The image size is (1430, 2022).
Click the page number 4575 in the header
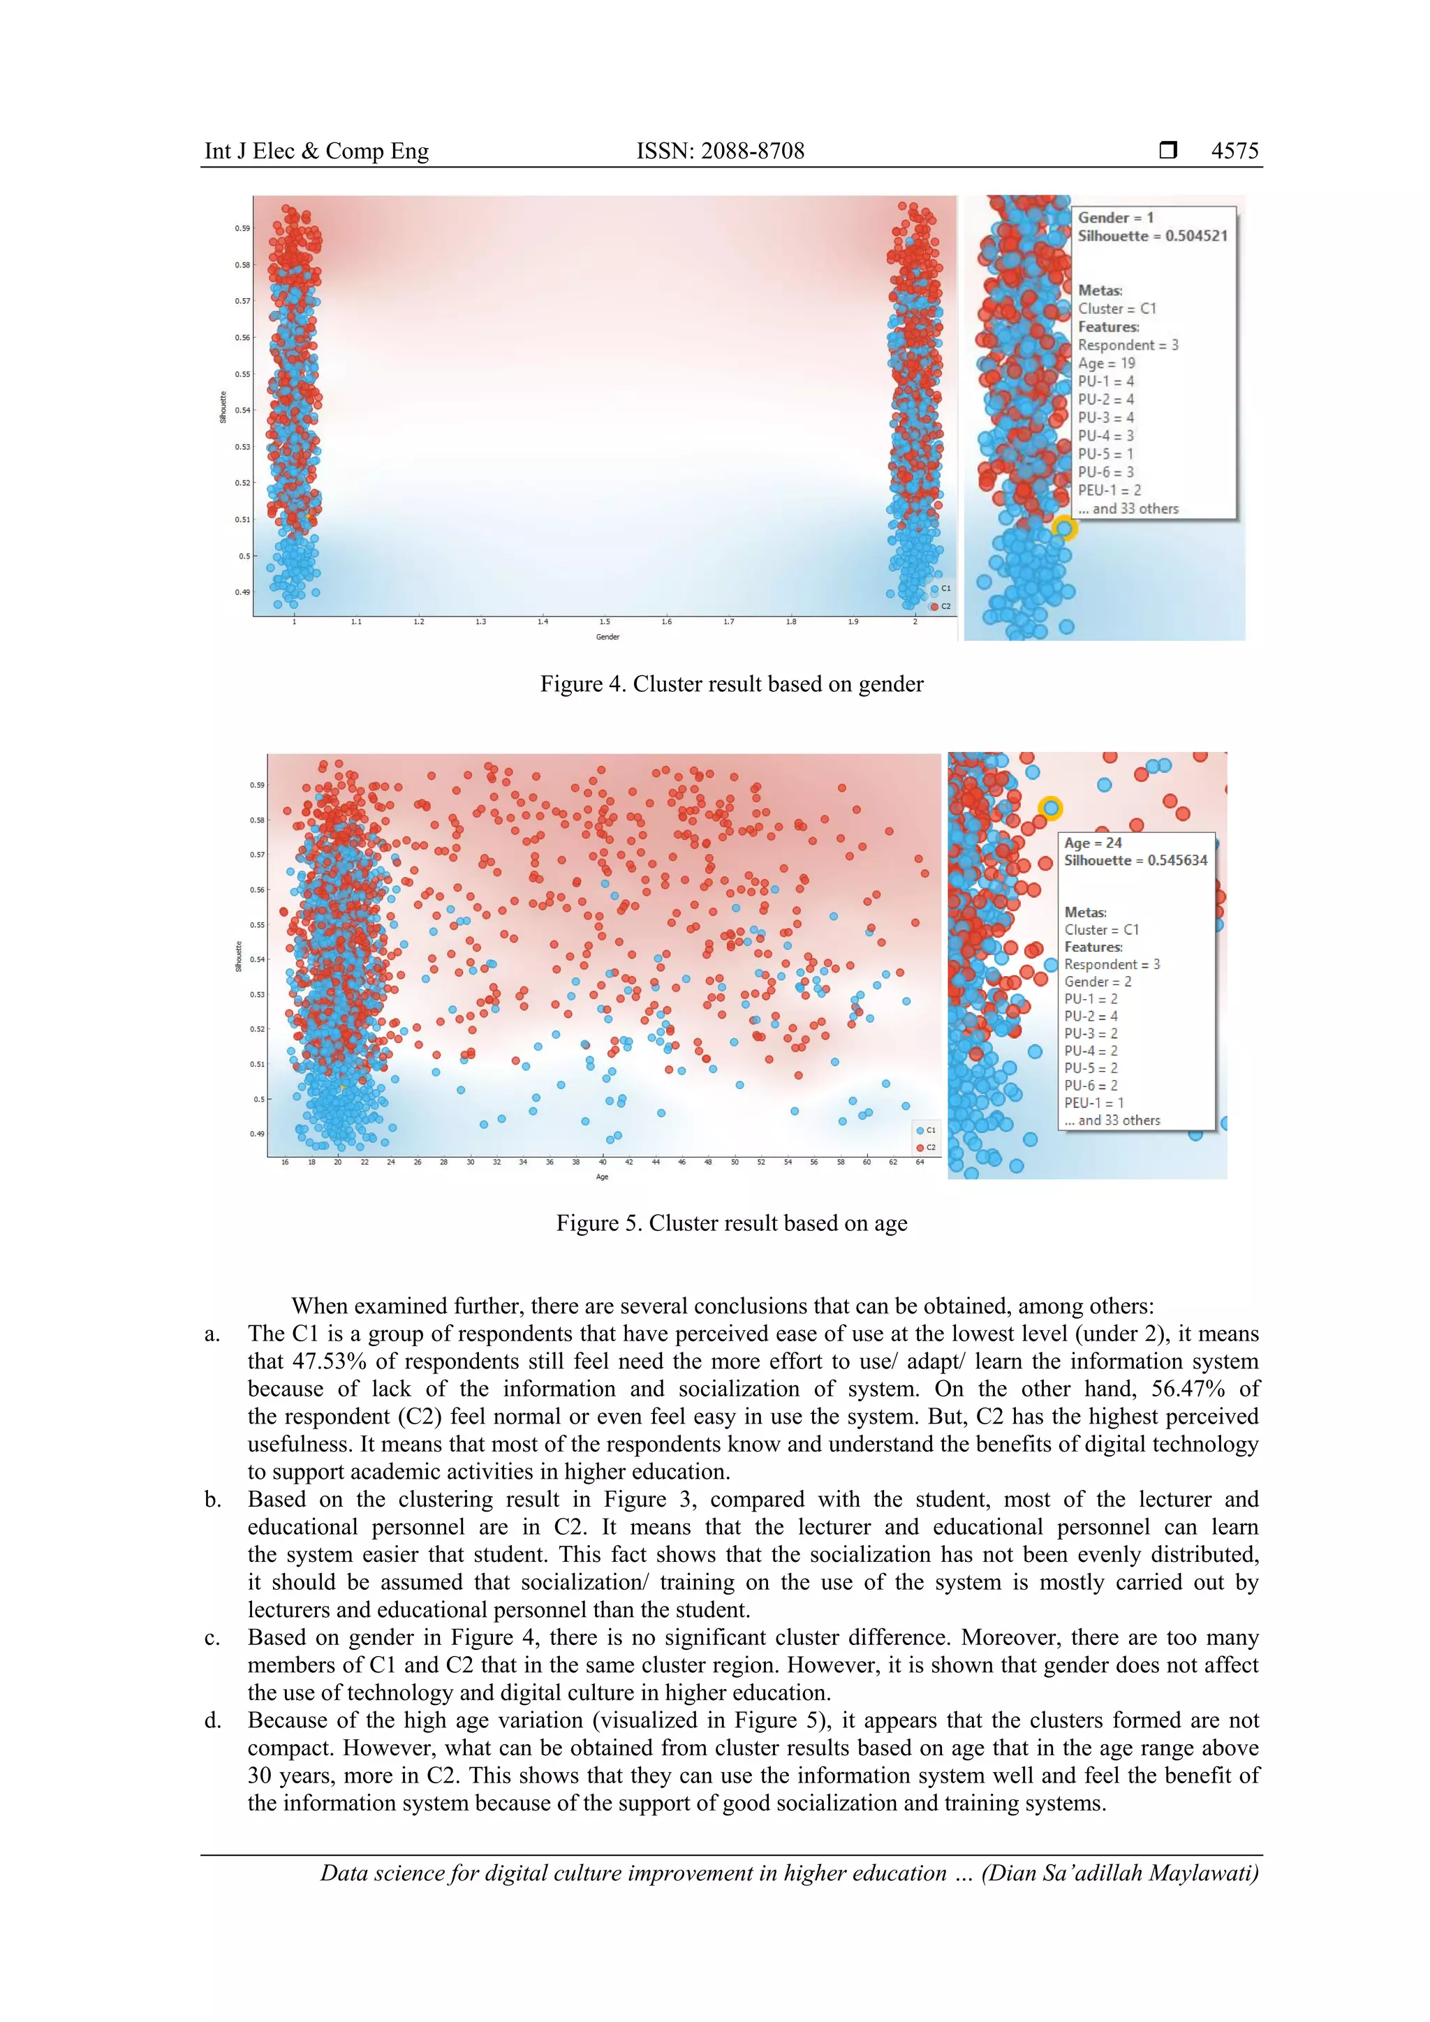click(1234, 151)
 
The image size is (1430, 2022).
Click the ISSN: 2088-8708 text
click(721, 151)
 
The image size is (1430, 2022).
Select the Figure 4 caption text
click(731, 684)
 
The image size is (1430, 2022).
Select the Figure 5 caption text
click(731, 1223)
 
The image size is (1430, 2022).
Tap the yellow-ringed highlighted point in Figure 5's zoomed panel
click(1049, 808)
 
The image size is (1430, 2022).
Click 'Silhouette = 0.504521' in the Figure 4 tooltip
click(1151, 236)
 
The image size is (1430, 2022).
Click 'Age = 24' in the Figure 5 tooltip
click(1093, 843)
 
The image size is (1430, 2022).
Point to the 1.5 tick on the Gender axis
click(605, 621)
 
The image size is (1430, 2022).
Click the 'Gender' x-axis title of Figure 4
click(607, 637)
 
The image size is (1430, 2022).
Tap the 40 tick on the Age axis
click(603, 1163)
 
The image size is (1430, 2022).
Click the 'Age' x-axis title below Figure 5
click(603, 1177)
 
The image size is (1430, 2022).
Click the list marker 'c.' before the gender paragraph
click(212, 1638)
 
